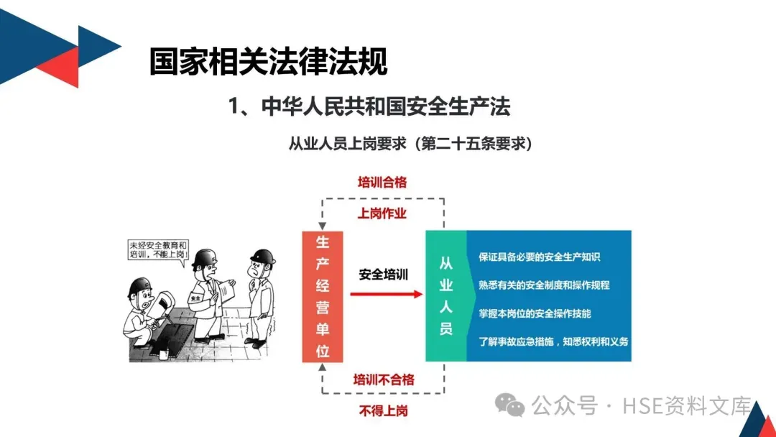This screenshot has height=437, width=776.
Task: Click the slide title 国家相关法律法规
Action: click(x=268, y=62)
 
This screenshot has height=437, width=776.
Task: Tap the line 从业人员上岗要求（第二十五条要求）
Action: click(x=410, y=144)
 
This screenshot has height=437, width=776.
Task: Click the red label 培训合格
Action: click(x=382, y=183)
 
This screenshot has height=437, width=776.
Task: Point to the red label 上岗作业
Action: click(x=382, y=213)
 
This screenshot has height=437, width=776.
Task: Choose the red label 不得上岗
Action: click(x=383, y=410)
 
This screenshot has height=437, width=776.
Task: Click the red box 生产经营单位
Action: click(x=323, y=296)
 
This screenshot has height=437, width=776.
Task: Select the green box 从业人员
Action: click(x=445, y=296)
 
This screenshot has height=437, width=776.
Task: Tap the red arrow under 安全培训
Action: click(x=386, y=293)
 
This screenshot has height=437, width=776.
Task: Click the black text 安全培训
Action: click(x=384, y=274)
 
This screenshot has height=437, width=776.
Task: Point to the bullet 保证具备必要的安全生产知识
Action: click(x=539, y=257)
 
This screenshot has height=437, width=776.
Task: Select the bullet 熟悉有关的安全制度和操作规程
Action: click(x=544, y=285)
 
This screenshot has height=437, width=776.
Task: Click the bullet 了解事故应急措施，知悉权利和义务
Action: click(x=553, y=341)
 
